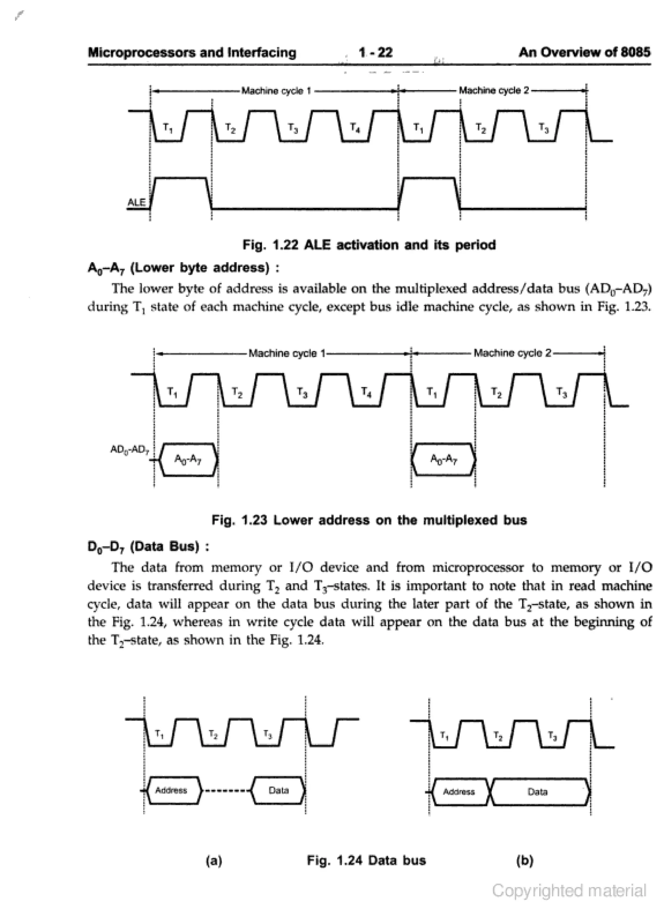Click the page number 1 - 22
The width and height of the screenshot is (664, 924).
click(x=375, y=53)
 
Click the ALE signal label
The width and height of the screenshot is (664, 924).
click(x=136, y=202)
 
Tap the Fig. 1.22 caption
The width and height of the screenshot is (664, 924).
click(x=369, y=245)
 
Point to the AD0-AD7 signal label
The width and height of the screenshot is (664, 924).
click(x=130, y=450)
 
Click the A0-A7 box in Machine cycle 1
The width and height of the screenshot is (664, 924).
click(x=188, y=460)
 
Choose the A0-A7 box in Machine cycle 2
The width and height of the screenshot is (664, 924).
click(x=444, y=460)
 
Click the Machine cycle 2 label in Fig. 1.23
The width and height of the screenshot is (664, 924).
click(x=512, y=353)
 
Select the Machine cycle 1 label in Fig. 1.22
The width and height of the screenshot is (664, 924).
click(x=276, y=90)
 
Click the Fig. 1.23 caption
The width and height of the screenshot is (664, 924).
click(x=369, y=520)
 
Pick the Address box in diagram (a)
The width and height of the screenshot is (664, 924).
click(x=172, y=790)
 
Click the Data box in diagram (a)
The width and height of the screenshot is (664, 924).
click(x=279, y=790)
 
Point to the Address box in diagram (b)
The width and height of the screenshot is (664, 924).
click(x=459, y=792)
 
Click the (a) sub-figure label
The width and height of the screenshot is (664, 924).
click(x=214, y=861)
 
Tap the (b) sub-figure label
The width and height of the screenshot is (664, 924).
click(x=525, y=861)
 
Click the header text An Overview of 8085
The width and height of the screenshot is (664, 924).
click(x=584, y=53)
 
